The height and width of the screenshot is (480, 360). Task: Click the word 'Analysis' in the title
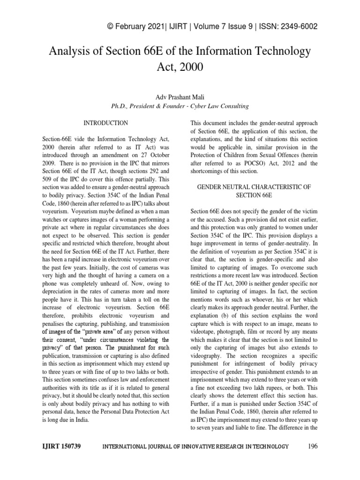(x=69, y=51)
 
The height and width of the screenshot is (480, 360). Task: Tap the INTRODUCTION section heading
(x=105, y=123)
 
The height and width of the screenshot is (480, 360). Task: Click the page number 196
(x=313, y=446)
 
